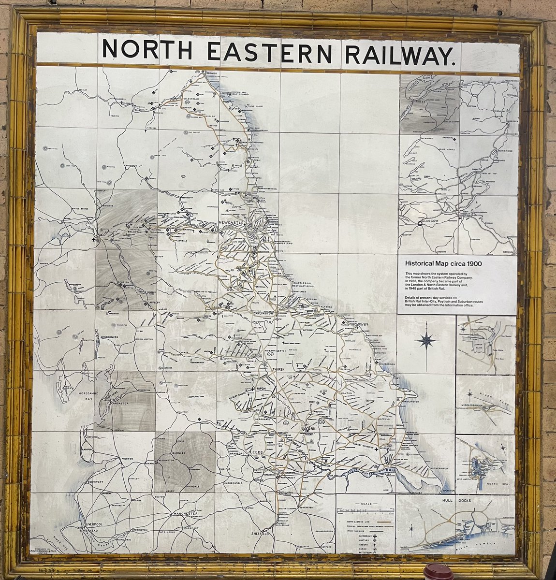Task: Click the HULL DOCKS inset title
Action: click(440, 500)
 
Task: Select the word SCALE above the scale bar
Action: click(366, 503)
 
